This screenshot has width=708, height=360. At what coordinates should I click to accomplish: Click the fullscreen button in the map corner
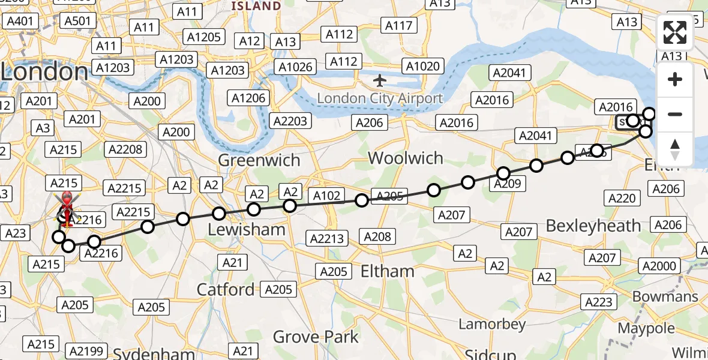click(x=675, y=33)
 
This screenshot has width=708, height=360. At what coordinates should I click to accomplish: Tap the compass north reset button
click(x=675, y=148)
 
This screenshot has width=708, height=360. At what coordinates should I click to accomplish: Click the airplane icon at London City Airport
click(x=380, y=80)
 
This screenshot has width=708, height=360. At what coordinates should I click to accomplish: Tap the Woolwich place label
click(x=406, y=158)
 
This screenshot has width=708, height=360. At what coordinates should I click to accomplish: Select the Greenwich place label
click(x=259, y=161)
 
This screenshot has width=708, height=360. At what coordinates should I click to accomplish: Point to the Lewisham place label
click(x=246, y=230)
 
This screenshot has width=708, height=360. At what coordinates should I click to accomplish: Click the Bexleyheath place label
click(x=593, y=226)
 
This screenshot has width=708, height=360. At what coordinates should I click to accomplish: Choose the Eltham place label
click(x=387, y=271)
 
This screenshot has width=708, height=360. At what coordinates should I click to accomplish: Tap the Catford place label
click(x=226, y=290)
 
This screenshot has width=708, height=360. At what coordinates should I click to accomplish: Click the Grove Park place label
click(x=316, y=337)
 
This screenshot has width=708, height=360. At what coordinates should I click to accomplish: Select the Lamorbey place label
click(x=492, y=325)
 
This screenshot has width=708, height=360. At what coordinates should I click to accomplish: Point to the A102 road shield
click(x=326, y=196)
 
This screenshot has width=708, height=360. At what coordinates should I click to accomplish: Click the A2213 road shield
click(x=327, y=239)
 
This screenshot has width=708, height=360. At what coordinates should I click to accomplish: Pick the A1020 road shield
click(x=423, y=66)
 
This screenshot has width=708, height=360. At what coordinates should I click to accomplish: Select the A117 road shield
click(x=398, y=26)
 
